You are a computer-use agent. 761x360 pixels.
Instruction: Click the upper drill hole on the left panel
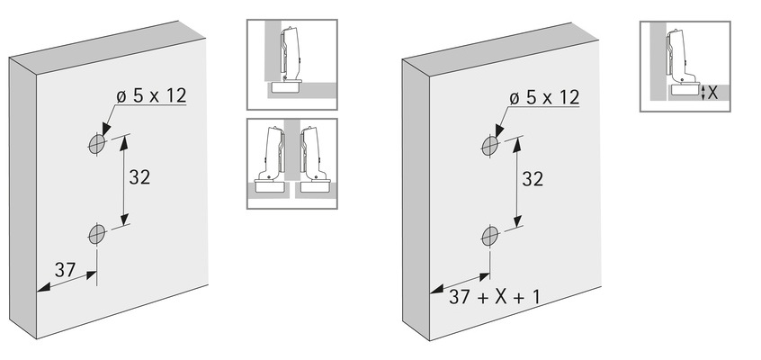[96, 144]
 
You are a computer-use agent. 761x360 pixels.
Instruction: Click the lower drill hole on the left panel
[96, 235]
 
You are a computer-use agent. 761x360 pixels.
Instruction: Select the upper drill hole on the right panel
[490, 145]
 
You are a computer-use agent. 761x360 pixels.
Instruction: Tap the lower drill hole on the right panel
[490, 236]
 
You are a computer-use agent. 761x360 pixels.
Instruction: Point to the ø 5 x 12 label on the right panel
[543, 96]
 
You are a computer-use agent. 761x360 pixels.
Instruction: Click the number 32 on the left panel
[139, 177]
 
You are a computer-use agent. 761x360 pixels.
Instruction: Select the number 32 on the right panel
[533, 179]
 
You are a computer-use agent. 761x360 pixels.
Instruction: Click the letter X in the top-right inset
[712, 91]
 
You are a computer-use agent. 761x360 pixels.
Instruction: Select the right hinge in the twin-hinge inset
[315, 163]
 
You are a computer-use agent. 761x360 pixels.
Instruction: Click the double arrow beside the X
[703, 92]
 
